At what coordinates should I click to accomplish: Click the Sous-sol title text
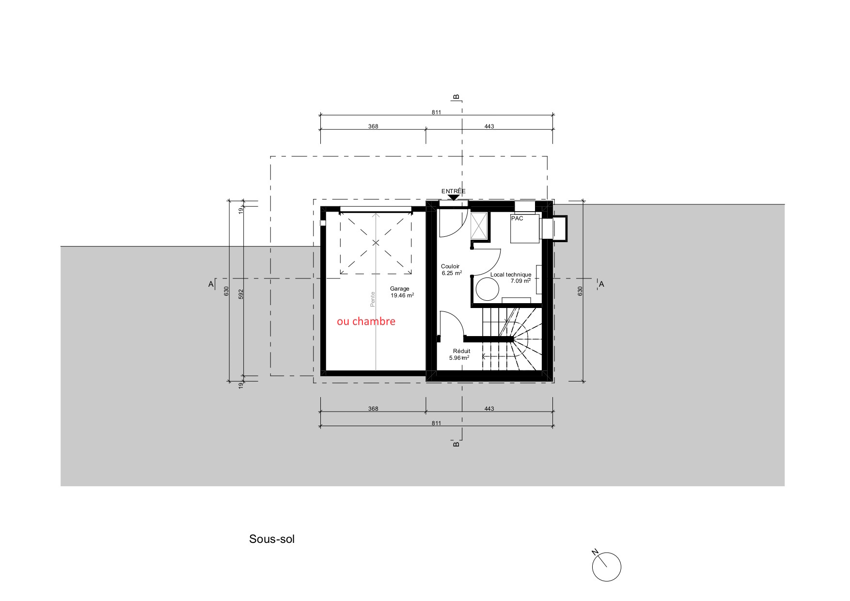[271, 539]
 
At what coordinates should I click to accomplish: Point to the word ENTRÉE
[453, 191]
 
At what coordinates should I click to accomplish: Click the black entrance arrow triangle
[453, 197]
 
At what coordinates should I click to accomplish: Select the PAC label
[517, 218]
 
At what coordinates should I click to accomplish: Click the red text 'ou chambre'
[366, 322]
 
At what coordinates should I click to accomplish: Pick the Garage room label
[400, 289]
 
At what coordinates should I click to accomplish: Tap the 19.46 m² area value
[402, 295]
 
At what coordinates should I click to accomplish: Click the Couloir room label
[450, 266]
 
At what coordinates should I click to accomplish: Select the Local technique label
[511, 275]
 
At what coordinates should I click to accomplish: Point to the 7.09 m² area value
[520, 281]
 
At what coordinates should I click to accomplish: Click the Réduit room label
[461, 351]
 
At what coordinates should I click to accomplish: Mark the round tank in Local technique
[487, 290]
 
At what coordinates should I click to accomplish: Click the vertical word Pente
[373, 298]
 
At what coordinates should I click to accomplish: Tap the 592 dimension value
[241, 294]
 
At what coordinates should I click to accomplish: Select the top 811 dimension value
[437, 112]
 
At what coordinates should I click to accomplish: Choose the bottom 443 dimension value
[489, 409]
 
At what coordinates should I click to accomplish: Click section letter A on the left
[211, 284]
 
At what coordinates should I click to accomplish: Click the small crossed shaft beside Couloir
[479, 226]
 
